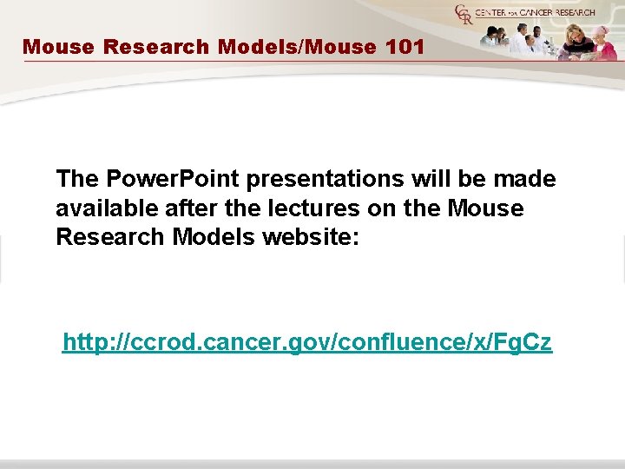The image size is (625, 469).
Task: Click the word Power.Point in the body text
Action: click(173, 179)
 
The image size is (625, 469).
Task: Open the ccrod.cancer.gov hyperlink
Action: click(306, 343)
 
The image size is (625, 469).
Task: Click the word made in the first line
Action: click(523, 179)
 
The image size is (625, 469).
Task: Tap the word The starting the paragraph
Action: click(77, 179)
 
